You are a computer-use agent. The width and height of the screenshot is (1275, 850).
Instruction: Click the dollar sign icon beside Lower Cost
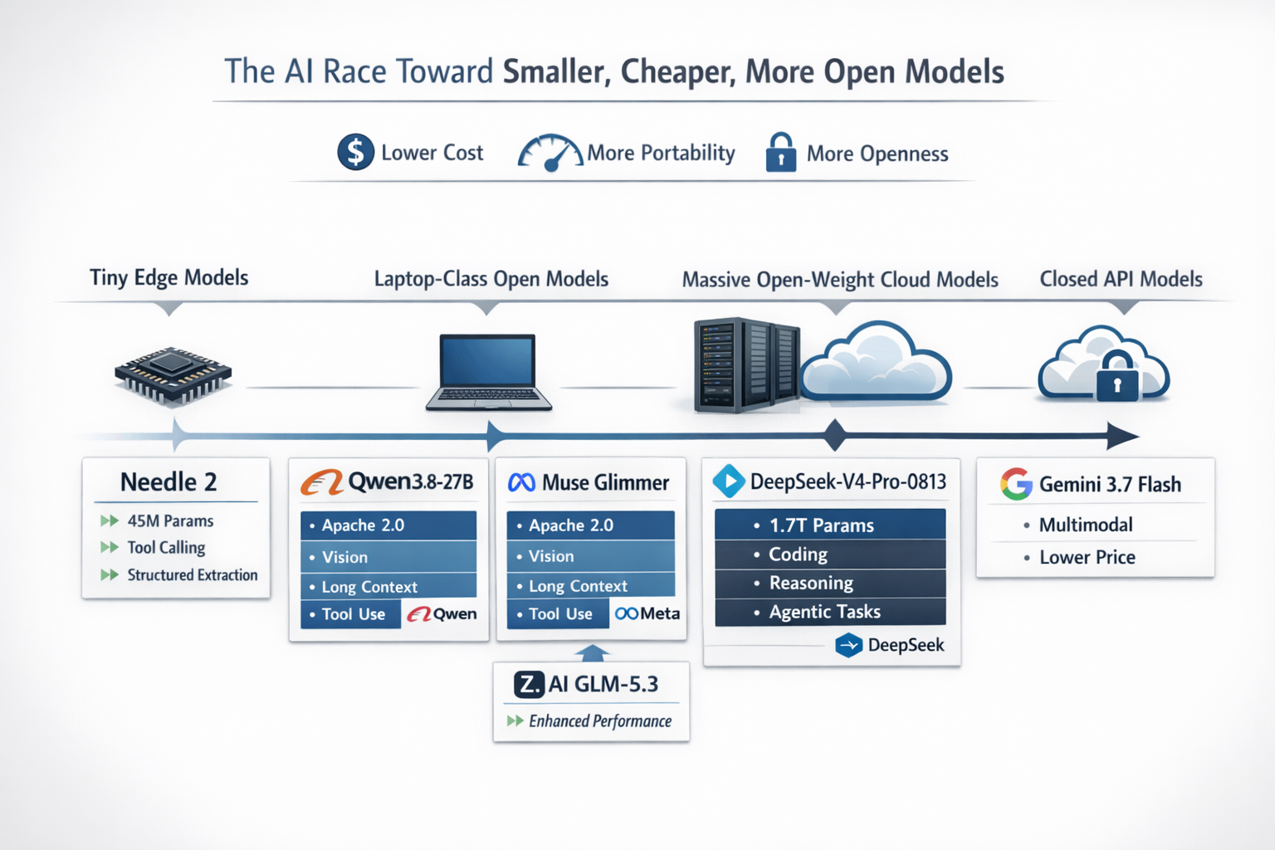(355, 152)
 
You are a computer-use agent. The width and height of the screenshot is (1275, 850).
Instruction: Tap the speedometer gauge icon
(550, 153)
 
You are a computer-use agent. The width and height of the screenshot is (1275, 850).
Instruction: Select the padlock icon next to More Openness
(781, 152)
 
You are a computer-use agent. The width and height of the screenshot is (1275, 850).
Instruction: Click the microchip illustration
(173, 375)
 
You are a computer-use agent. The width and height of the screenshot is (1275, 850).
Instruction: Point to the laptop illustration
(488, 372)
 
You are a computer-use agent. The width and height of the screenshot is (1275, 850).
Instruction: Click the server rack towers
(747, 365)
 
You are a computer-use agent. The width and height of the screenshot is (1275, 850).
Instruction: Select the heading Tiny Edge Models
(169, 277)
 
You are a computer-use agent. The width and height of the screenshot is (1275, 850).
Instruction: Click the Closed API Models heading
(1121, 279)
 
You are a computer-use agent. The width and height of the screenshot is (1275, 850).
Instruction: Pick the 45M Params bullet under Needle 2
(170, 520)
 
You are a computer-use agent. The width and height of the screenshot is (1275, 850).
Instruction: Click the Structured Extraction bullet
(193, 574)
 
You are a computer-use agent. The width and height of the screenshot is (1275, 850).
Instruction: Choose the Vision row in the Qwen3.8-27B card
(388, 556)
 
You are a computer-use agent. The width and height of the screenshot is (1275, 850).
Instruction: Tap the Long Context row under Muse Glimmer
(591, 585)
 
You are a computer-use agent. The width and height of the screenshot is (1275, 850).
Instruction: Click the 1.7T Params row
(830, 525)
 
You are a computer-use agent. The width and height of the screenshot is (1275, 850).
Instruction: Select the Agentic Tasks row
(830, 612)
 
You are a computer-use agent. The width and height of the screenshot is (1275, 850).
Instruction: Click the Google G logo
(1016, 484)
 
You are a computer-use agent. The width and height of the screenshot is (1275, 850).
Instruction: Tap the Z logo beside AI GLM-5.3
(529, 684)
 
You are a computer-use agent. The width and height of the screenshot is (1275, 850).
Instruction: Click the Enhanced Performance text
(600, 721)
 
